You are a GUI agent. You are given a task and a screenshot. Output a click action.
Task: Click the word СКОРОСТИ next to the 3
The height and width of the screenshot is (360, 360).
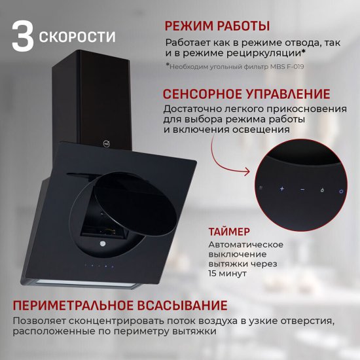point(77,35)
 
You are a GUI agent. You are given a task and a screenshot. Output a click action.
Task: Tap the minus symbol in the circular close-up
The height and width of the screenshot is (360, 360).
point(302,190)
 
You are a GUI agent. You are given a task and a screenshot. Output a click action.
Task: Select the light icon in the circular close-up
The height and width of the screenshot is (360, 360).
point(321,190)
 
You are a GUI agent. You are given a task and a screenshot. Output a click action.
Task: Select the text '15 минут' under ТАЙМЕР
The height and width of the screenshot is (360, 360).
point(228,273)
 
